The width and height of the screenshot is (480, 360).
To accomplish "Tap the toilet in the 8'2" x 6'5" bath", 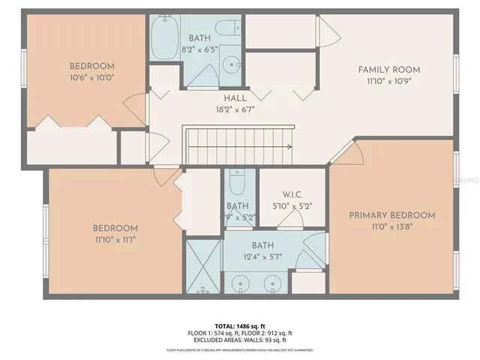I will click(225, 28).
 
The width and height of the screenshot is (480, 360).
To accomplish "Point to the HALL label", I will click(235, 98).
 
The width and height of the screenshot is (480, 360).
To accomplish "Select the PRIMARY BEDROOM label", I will click(391, 215).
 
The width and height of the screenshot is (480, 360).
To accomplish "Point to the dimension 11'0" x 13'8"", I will click(391, 226).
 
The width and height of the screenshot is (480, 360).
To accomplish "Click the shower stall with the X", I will click(203, 265).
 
